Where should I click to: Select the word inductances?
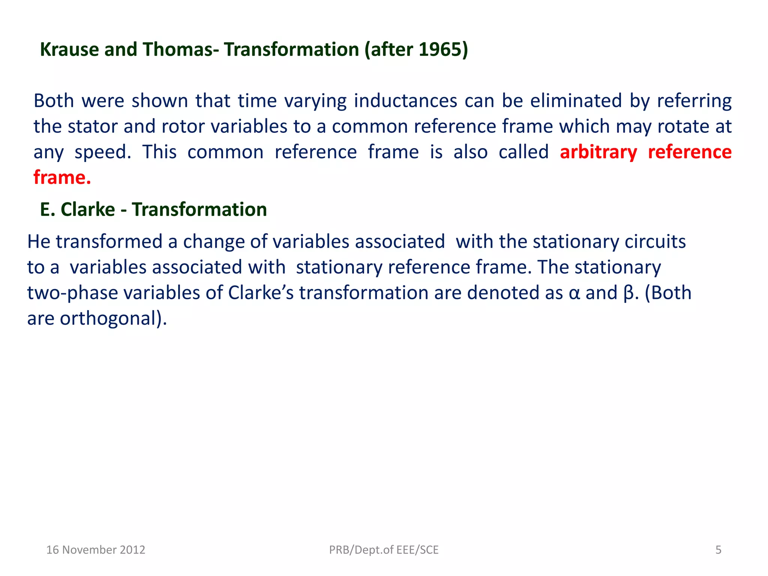pyautogui.click(x=405, y=101)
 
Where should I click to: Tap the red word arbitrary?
pyautogui.click(x=598, y=152)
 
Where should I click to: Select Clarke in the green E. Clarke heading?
pyautogui.click(x=88, y=209)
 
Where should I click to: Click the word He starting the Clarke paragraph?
pyautogui.click(x=39, y=241)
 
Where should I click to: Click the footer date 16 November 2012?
pyautogui.click(x=96, y=550)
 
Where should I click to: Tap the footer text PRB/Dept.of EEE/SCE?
pyautogui.click(x=384, y=550)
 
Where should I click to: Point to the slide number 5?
pyautogui.click(x=718, y=550)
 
